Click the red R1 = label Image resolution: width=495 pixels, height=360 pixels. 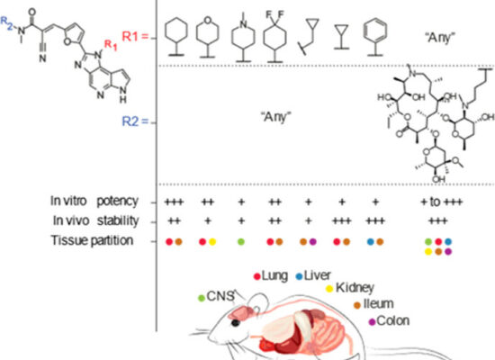point(135,37)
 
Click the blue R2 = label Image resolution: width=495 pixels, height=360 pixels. point(135,121)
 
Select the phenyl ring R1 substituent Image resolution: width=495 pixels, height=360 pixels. point(375,37)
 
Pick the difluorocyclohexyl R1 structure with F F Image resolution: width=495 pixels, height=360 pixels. point(275,36)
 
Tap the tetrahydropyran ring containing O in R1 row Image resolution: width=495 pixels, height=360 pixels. point(207,37)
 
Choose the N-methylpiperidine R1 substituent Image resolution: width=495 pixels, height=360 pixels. point(243,37)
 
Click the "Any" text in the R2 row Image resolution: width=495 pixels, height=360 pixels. point(275,117)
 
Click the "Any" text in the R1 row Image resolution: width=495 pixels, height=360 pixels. point(439,38)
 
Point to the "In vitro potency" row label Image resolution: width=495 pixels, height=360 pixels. point(94,201)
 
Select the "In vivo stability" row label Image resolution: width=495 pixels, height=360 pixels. point(95,220)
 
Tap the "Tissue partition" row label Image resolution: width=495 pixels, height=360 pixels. point(92,240)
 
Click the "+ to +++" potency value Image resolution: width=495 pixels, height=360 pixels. point(442,202)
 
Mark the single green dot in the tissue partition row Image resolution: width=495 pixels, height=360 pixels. point(241,242)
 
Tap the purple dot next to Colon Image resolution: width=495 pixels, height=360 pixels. point(373,322)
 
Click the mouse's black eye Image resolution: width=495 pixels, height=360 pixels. point(236,323)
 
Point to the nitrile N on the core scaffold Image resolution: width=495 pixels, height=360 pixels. point(42,58)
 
